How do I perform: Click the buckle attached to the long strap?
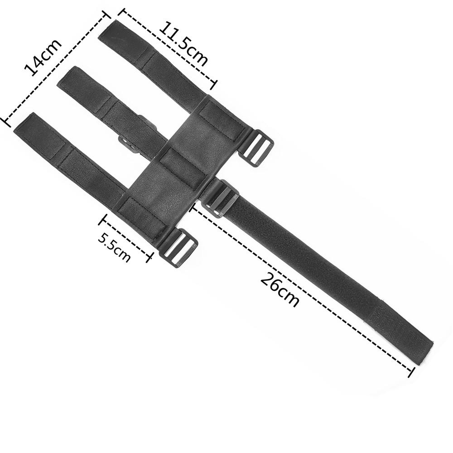coord(220,198)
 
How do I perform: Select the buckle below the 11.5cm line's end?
coord(256,148)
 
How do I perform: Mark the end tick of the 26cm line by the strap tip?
coord(411,372)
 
